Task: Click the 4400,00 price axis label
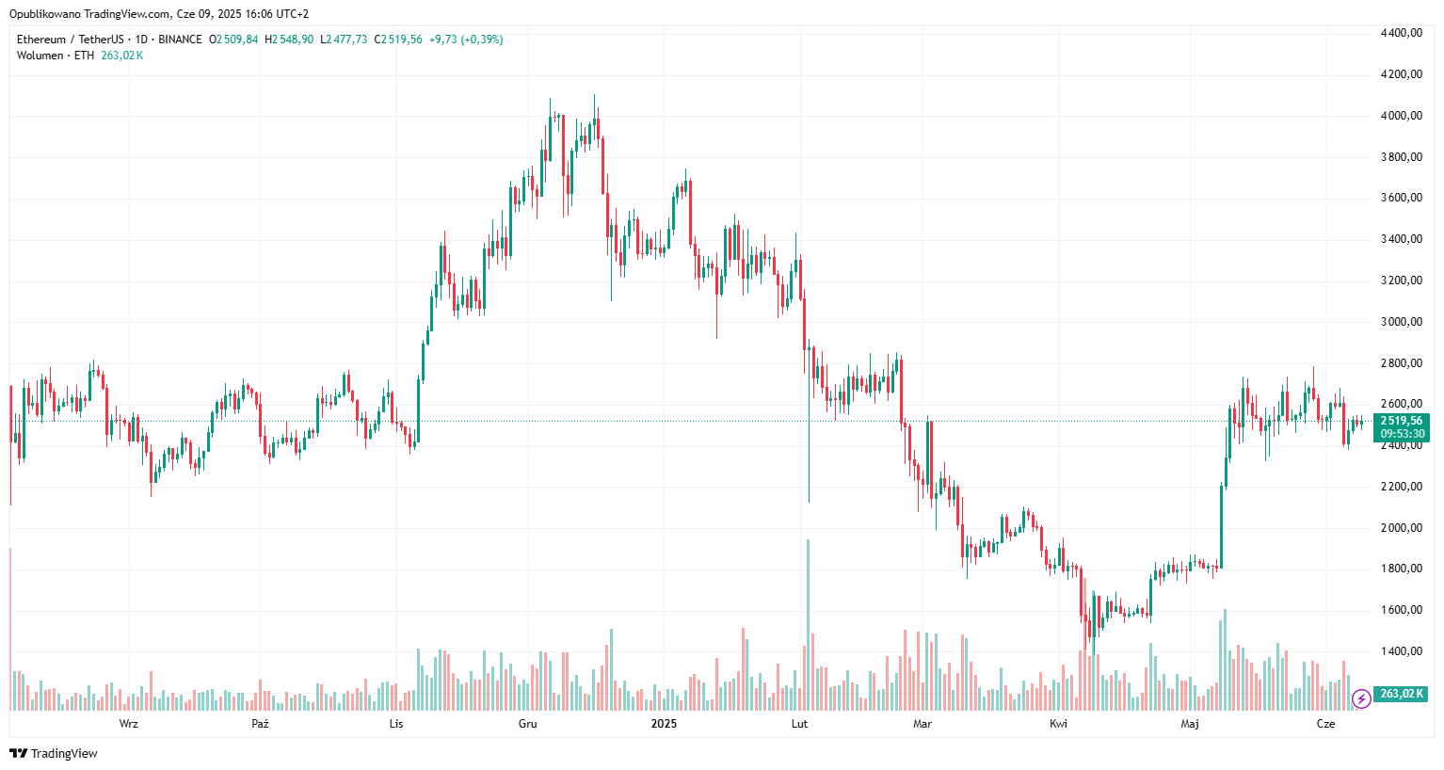coord(1401,33)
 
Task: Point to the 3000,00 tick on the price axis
coord(1401,322)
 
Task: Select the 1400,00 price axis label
coord(1401,651)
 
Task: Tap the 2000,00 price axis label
coord(1401,528)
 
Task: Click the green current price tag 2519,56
coord(1401,421)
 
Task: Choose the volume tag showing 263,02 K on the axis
coord(1401,694)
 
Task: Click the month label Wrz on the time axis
coord(129,724)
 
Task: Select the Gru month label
coord(528,724)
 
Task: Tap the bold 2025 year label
coord(664,724)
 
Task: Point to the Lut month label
coord(799,724)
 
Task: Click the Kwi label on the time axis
coord(1058,724)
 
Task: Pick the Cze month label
coord(1325,724)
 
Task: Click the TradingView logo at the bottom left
coord(54,753)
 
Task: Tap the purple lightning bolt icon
coord(1361,698)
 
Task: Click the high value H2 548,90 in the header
coord(290,40)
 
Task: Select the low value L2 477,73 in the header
coord(344,40)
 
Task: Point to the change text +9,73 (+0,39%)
coord(466,40)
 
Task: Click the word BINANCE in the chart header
coord(180,40)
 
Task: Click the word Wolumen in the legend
coord(40,56)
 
